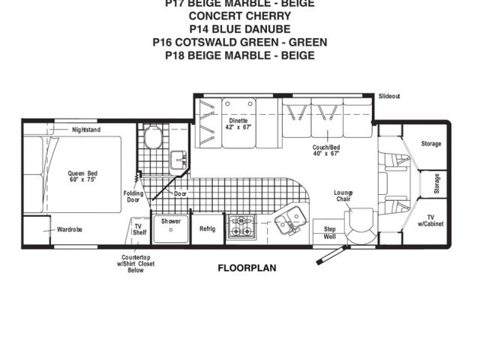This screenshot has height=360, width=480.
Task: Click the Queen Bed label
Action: [82, 178]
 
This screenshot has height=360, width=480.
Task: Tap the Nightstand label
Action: [86, 130]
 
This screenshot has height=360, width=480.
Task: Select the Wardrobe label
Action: [70, 229]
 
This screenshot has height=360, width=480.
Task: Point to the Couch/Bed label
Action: [326, 150]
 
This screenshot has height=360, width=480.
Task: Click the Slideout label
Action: [389, 97]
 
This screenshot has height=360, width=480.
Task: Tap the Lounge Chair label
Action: [343, 196]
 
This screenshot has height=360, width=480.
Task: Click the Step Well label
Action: [328, 232]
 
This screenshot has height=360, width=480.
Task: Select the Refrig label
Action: [207, 229]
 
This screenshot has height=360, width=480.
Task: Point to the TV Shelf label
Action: [139, 229]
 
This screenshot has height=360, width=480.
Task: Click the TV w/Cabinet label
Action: [430, 221]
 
